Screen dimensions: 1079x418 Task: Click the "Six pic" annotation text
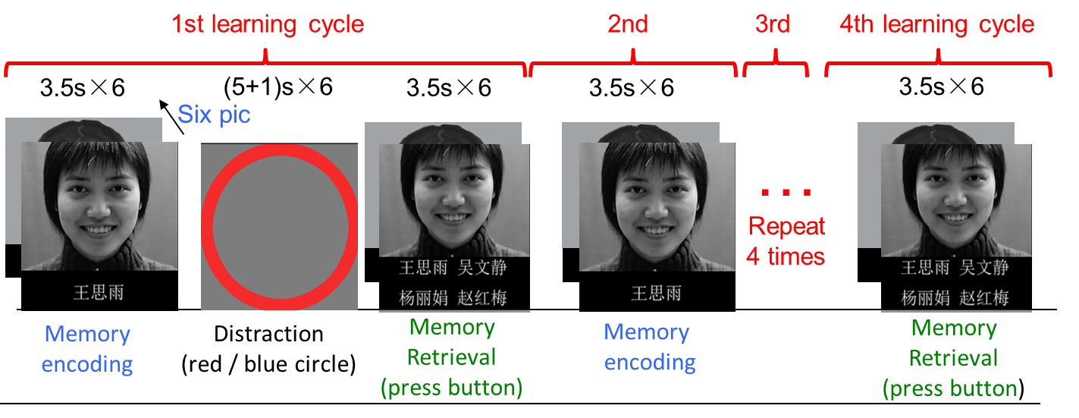pyautogui.click(x=215, y=115)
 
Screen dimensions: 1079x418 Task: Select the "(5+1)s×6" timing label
pyautogui.click(x=278, y=86)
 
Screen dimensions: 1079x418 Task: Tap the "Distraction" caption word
pyautogui.click(x=268, y=334)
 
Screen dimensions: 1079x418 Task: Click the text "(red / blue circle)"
pyautogui.click(x=268, y=364)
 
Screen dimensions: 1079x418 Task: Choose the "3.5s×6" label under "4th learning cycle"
pyautogui.click(x=941, y=86)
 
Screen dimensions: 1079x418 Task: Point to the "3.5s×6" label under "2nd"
pyautogui.click(x=631, y=87)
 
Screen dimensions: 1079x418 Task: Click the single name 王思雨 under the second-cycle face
pyautogui.click(x=656, y=293)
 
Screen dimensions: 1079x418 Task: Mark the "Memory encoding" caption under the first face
pyautogui.click(x=87, y=349)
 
